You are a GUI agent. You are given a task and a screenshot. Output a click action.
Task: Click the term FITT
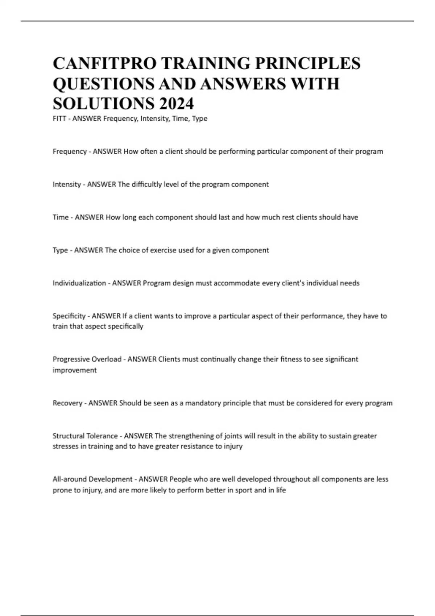point(59,118)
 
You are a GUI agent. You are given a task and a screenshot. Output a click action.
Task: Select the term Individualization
point(79,283)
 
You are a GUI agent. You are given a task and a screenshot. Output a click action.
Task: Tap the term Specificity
point(69,316)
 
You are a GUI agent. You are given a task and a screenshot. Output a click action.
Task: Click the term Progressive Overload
point(87,359)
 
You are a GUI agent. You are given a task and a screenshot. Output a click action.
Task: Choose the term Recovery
point(67,403)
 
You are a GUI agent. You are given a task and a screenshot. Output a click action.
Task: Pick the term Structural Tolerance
point(85,436)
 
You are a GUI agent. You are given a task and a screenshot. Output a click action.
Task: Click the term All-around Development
point(92,479)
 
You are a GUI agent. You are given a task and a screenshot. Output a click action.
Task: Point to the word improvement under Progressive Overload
point(75,370)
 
